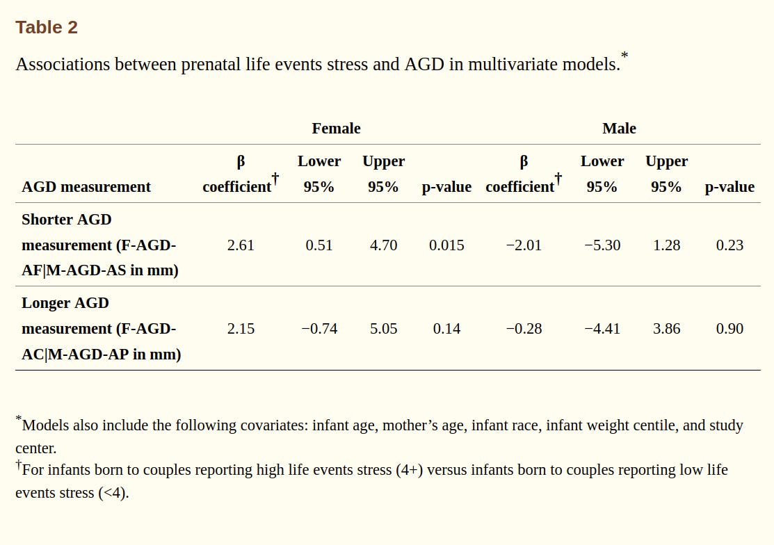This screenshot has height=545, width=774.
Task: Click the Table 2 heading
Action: (47, 27)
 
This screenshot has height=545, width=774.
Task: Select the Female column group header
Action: (336, 128)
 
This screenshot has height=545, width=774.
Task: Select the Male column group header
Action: (619, 128)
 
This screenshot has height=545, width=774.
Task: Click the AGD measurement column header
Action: (86, 186)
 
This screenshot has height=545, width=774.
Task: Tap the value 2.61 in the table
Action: (241, 245)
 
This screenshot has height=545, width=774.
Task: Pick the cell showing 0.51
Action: (319, 245)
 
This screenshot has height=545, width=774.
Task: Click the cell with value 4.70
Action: (383, 245)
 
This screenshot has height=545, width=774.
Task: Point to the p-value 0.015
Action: (446, 245)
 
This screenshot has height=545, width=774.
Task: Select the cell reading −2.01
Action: (524, 245)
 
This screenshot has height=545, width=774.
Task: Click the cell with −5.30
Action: (602, 245)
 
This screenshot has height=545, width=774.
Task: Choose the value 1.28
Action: (666, 245)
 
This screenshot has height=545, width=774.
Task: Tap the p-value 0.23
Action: (729, 245)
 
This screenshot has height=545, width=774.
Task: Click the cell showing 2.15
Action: (241, 328)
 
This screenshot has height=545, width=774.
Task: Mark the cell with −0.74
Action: (319, 328)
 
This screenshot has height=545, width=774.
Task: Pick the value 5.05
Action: (383, 328)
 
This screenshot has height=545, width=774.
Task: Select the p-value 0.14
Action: (446, 328)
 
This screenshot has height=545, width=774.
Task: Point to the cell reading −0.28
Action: (524, 328)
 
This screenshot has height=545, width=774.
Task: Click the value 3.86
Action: (666, 328)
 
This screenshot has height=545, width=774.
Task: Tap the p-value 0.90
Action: (729, 328)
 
